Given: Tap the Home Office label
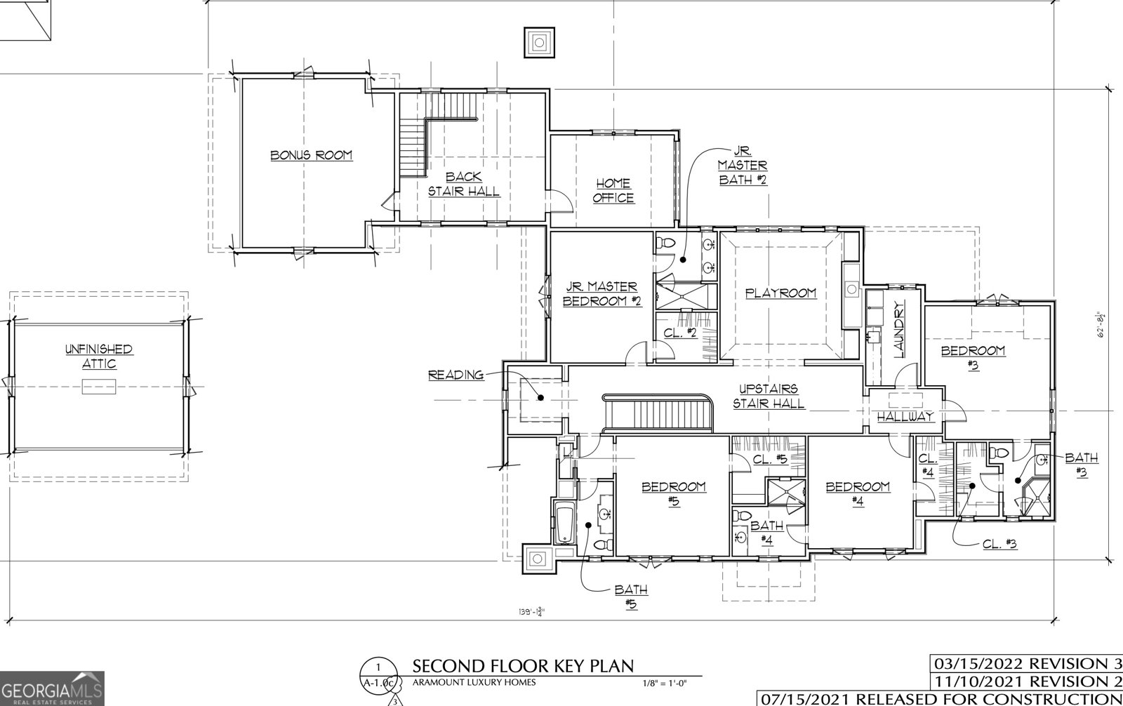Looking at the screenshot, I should [x=613, y=191].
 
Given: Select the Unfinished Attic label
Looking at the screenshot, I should [x=99, y=356].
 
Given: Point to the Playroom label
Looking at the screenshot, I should [x=780, y=293].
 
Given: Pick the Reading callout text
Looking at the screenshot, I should [x=456, y=375].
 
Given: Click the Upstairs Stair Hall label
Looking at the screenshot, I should [x=768, y=397].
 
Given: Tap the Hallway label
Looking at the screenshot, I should [x=905, y=416].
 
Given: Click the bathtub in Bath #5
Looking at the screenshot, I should [x=564, y=522].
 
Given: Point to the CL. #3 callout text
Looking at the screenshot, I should [x=999, y=544].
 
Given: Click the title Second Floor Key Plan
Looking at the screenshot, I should [x=522, y=665].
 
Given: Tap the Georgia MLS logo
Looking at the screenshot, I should [x=53, y=688].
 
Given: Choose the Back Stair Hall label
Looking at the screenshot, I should [x=463, y=184].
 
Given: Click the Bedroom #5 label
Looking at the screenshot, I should [x=673, y=493].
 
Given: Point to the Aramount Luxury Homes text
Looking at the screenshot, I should [x=474, y=682].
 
